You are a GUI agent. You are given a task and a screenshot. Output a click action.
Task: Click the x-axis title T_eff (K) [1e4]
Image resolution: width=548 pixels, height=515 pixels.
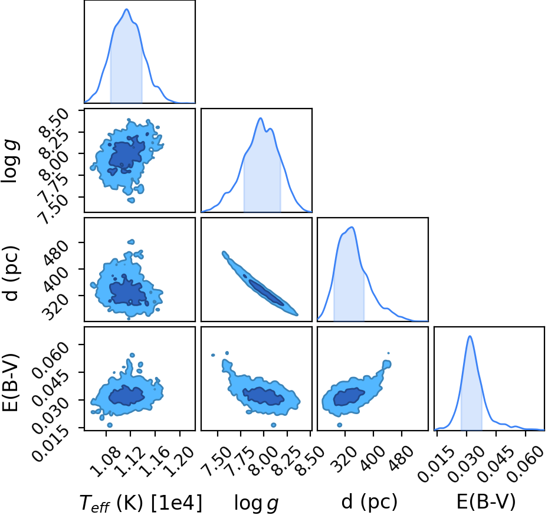141,504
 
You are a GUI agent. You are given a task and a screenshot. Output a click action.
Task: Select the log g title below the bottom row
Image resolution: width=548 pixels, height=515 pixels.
256,504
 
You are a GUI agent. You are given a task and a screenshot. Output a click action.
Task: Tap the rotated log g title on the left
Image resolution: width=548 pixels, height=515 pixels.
11,161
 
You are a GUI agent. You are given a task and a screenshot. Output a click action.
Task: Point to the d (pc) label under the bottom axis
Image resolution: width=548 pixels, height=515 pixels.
369,503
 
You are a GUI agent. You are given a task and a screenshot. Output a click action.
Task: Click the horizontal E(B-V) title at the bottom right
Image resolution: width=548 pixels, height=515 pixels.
486,503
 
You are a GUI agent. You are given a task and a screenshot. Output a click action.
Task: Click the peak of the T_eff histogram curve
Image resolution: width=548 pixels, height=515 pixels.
127,9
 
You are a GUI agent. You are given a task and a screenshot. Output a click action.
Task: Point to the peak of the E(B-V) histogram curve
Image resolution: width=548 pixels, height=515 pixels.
470,336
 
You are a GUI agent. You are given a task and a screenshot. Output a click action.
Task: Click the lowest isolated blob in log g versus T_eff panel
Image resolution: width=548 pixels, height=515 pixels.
131,200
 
